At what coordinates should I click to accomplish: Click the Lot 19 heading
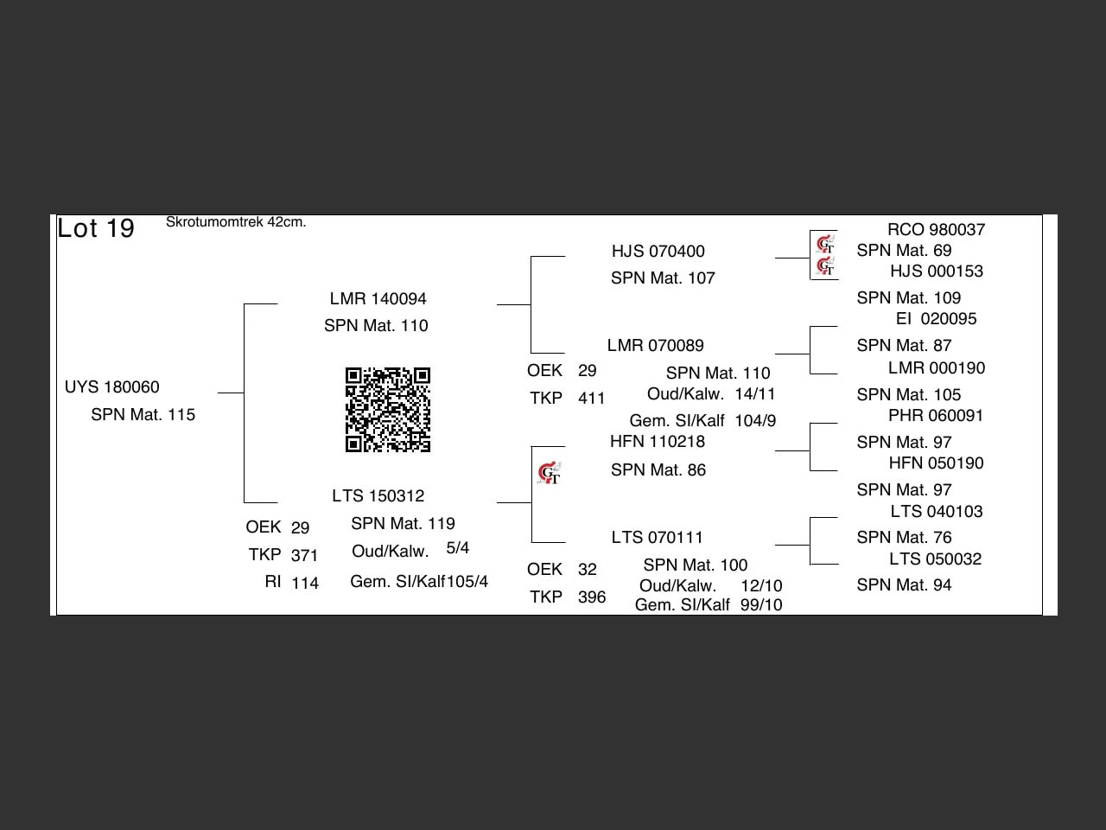(x=96, y=228)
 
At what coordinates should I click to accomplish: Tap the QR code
(x=388, y=410)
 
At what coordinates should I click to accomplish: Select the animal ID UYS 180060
(x=112, y=386)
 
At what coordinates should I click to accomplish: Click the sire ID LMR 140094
(x=378, y=298)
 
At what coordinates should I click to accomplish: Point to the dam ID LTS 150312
(x=378, y=495)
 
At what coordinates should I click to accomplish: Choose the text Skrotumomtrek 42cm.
(x=236, y=222)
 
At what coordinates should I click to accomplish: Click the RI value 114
(x=305, y=583)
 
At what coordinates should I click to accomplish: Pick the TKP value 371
(x=304, y=555)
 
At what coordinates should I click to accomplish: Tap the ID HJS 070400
(x=658, y=251)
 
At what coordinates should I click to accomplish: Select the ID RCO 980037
(x=936, y=229)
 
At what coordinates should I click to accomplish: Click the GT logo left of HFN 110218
(x=549, y=473)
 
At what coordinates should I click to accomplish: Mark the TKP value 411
(x=592, y=398)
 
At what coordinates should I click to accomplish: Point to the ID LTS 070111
(x=657, y=537)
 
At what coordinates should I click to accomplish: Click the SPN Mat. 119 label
(x=403, y=523)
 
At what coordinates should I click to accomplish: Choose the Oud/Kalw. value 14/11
(x=755, y=393)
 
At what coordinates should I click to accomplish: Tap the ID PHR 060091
(x=936, y=415)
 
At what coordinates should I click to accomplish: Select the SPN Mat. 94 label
(x=904, y=584)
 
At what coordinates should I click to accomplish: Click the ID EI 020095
(x=936, y=318)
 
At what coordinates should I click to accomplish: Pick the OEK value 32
(x=588, y=569)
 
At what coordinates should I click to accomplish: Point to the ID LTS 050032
(x=936, y=559)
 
